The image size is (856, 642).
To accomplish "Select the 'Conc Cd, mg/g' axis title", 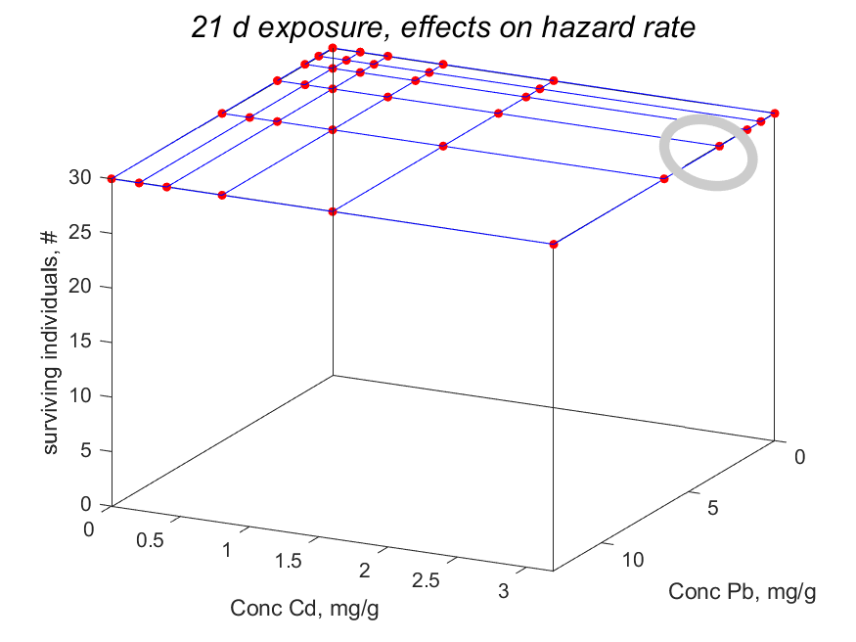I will click(304, 609).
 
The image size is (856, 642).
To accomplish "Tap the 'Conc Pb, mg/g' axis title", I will click(742, 591).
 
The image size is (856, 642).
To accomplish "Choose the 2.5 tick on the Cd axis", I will click(427, 581).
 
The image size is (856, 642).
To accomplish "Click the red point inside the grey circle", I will click(719, 146).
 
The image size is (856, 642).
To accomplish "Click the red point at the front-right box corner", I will click(554, 244).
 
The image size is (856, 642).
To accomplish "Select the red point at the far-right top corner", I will click(775, 114).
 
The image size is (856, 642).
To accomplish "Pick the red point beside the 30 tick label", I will click(112, 178).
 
